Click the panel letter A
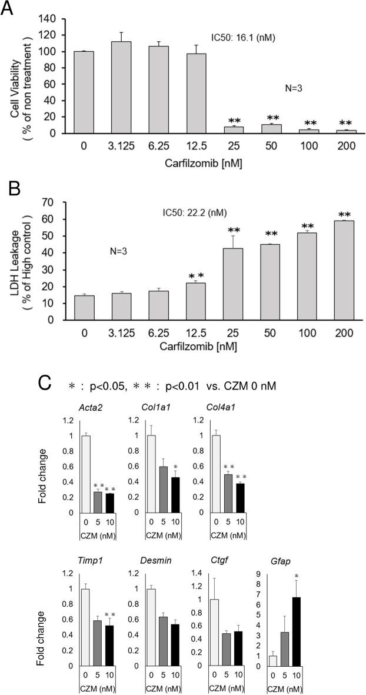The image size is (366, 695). click(x=8, y=8)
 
